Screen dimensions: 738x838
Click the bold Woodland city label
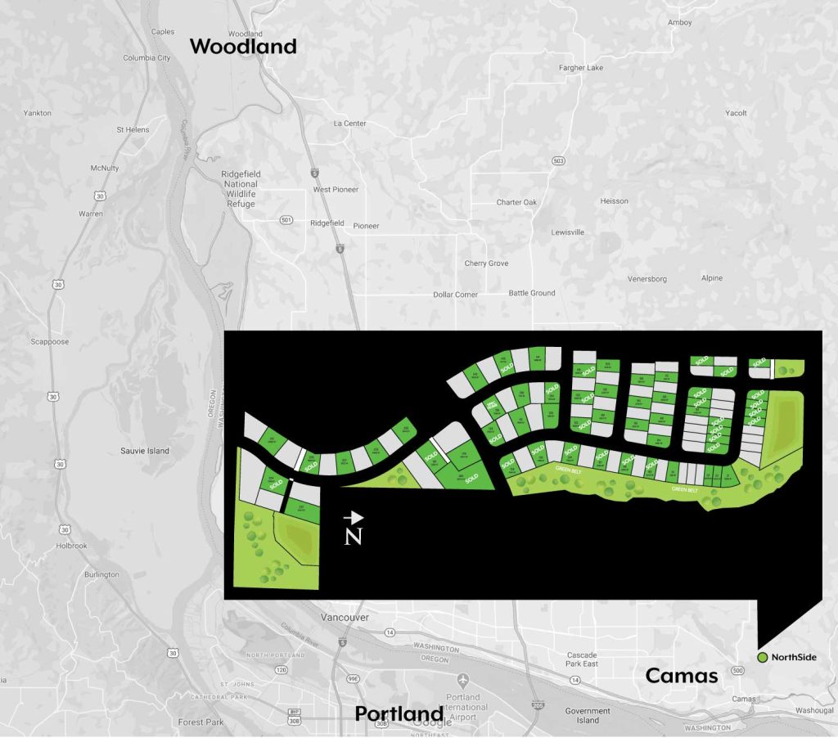pos(243,47)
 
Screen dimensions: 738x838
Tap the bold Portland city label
pos(399,713)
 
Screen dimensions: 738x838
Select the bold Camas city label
pos(682,676)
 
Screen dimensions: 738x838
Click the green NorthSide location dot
pos(762,657)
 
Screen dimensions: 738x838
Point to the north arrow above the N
pos(354,518)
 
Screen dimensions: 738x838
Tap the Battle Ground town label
pos(532,293)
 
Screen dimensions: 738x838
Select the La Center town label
pos(350,124)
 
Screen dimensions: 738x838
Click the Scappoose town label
pos(49,342)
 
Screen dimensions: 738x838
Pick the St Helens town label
pos(132,129)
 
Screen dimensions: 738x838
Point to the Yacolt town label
pos(736,113)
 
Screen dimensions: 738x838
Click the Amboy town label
pos(680,22)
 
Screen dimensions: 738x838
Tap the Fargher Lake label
pos(580,68)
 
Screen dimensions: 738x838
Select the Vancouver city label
pos(345,618)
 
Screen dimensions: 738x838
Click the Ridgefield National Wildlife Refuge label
pos(239,189)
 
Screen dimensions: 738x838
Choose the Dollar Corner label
pos(456,295)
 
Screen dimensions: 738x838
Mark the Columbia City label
pos(146,58)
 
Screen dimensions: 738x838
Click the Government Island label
pos(588,716)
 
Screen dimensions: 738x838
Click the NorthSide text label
pos(794,657)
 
